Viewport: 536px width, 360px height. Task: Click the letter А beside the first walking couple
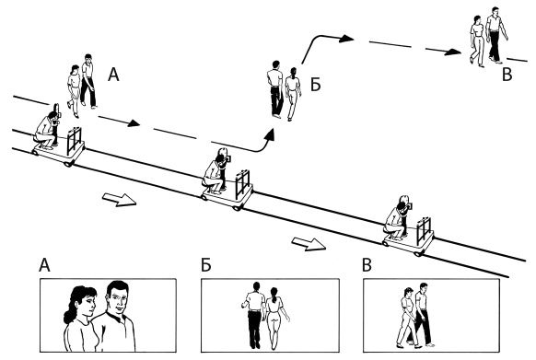(x=113, y=75)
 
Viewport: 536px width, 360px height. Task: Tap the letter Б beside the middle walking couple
(x=315, y=85)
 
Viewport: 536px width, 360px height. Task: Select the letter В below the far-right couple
(x=507, y=75)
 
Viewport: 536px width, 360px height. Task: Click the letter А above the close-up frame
(x=44, y=265)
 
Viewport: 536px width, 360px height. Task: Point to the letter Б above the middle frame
(x=205, y=265)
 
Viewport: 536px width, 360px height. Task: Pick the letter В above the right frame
(x=367, y=265)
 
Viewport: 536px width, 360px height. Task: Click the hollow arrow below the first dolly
(x=120, y=199)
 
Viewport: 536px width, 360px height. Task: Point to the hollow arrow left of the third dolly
(x=309, y=244)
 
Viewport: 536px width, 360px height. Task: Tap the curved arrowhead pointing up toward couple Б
(x=270, y=135)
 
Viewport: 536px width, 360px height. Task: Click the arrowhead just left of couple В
(x=454, y=52)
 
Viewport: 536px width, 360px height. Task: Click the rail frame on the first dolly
(x=75, y=140)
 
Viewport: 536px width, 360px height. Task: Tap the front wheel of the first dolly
(x=69, y=163)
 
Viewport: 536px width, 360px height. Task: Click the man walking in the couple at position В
(x=495, y=35)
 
